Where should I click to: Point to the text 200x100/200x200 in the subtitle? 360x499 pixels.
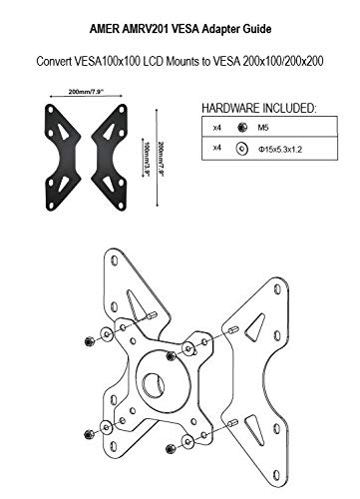(x=283, y=61)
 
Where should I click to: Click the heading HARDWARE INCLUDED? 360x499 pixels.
(x=259, y=108)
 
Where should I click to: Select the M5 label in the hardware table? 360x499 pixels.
(x=263, y=128)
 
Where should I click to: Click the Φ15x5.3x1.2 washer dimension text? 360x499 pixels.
(x=280, y=150)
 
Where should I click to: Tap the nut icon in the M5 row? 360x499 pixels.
(x=242, y=127)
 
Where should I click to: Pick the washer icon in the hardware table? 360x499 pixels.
(x=242, y=149)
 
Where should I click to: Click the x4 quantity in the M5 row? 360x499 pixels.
(x=216, y=128)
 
